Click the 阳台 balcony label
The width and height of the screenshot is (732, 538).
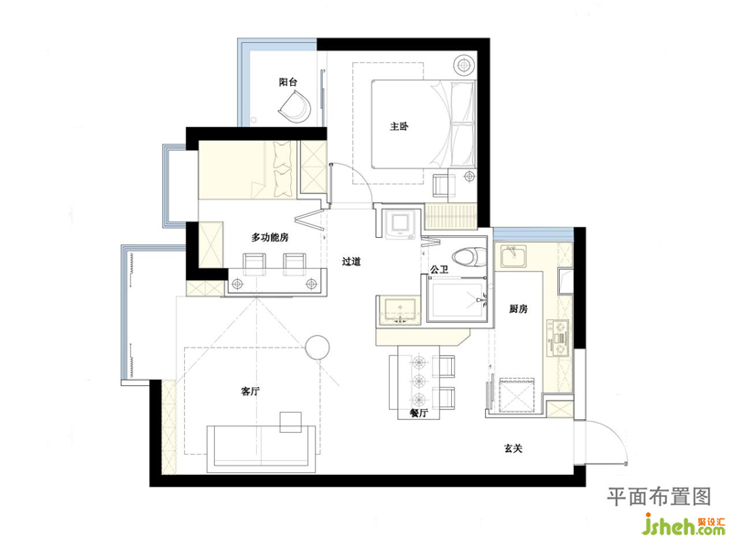pyautogui.click(x=288, y=82)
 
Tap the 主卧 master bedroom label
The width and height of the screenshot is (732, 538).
pyautogui.click(x=399, y=126)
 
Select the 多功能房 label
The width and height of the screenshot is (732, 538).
pyautogui.click(x=270, y=237)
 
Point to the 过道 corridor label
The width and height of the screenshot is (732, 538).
pyautogui.click(x=351, y=262)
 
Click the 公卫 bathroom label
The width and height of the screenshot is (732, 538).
pyautogui.click(x=439, y=270)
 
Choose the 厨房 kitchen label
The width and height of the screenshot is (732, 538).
pyautogui.click(x=518, y=308)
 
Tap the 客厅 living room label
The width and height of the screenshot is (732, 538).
pyautogui.click(x=250, y=392)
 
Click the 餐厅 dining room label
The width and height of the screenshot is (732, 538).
pyautogui.click(x=418, y=414)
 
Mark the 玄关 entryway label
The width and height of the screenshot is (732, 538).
pyautogui.click(x=513, y=448)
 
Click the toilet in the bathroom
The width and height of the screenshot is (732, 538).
pyautogui.click(x=469, y=257)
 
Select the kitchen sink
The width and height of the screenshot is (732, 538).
pyautogui.click(x=512, y=256)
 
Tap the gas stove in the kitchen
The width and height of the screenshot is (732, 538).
pyautogui.click(x=559, y=339)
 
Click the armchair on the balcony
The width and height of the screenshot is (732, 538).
pyautogui.click(x=296, y=107)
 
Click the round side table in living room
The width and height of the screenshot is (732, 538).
pyautogui.click(x=318, y=348)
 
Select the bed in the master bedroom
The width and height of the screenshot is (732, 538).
pyautogui.click(x=424, y=124)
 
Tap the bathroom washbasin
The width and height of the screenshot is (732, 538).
pyautogui.click(x=400, y=310)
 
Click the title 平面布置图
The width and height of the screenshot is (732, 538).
pyautogui.click(x=659, y=496)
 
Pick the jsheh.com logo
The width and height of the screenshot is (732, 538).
pyautogui.click(x=684, y=524)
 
